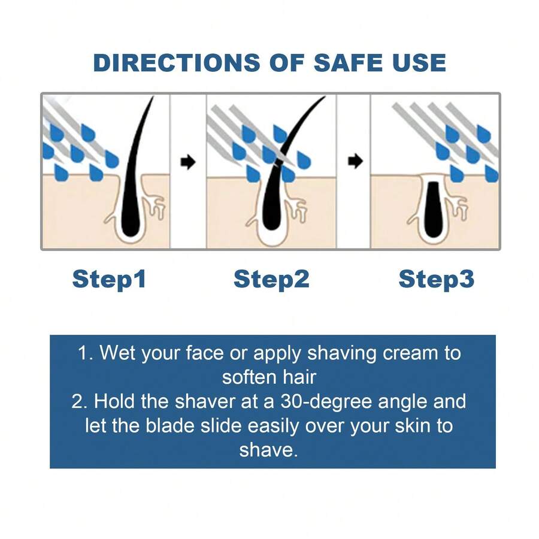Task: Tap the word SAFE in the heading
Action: pos(347,62)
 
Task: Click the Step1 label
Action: pos(109,279)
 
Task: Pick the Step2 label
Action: pos(271,279)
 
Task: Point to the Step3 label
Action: pos(436,279)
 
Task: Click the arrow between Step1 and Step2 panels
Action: pos(188,162)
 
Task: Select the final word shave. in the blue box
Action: pos(268,450)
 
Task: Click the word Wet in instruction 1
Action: pos(117,353)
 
